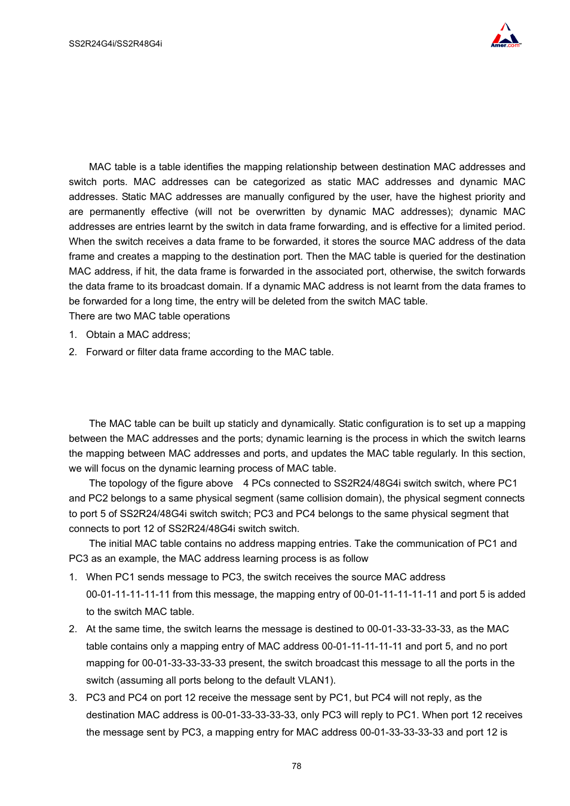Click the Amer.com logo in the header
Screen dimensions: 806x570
505,36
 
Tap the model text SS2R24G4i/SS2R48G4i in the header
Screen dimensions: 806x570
115,44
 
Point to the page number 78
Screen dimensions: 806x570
296,766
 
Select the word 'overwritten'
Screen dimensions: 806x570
281,212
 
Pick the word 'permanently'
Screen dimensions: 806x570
117,212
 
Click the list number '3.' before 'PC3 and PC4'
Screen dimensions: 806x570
73,698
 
